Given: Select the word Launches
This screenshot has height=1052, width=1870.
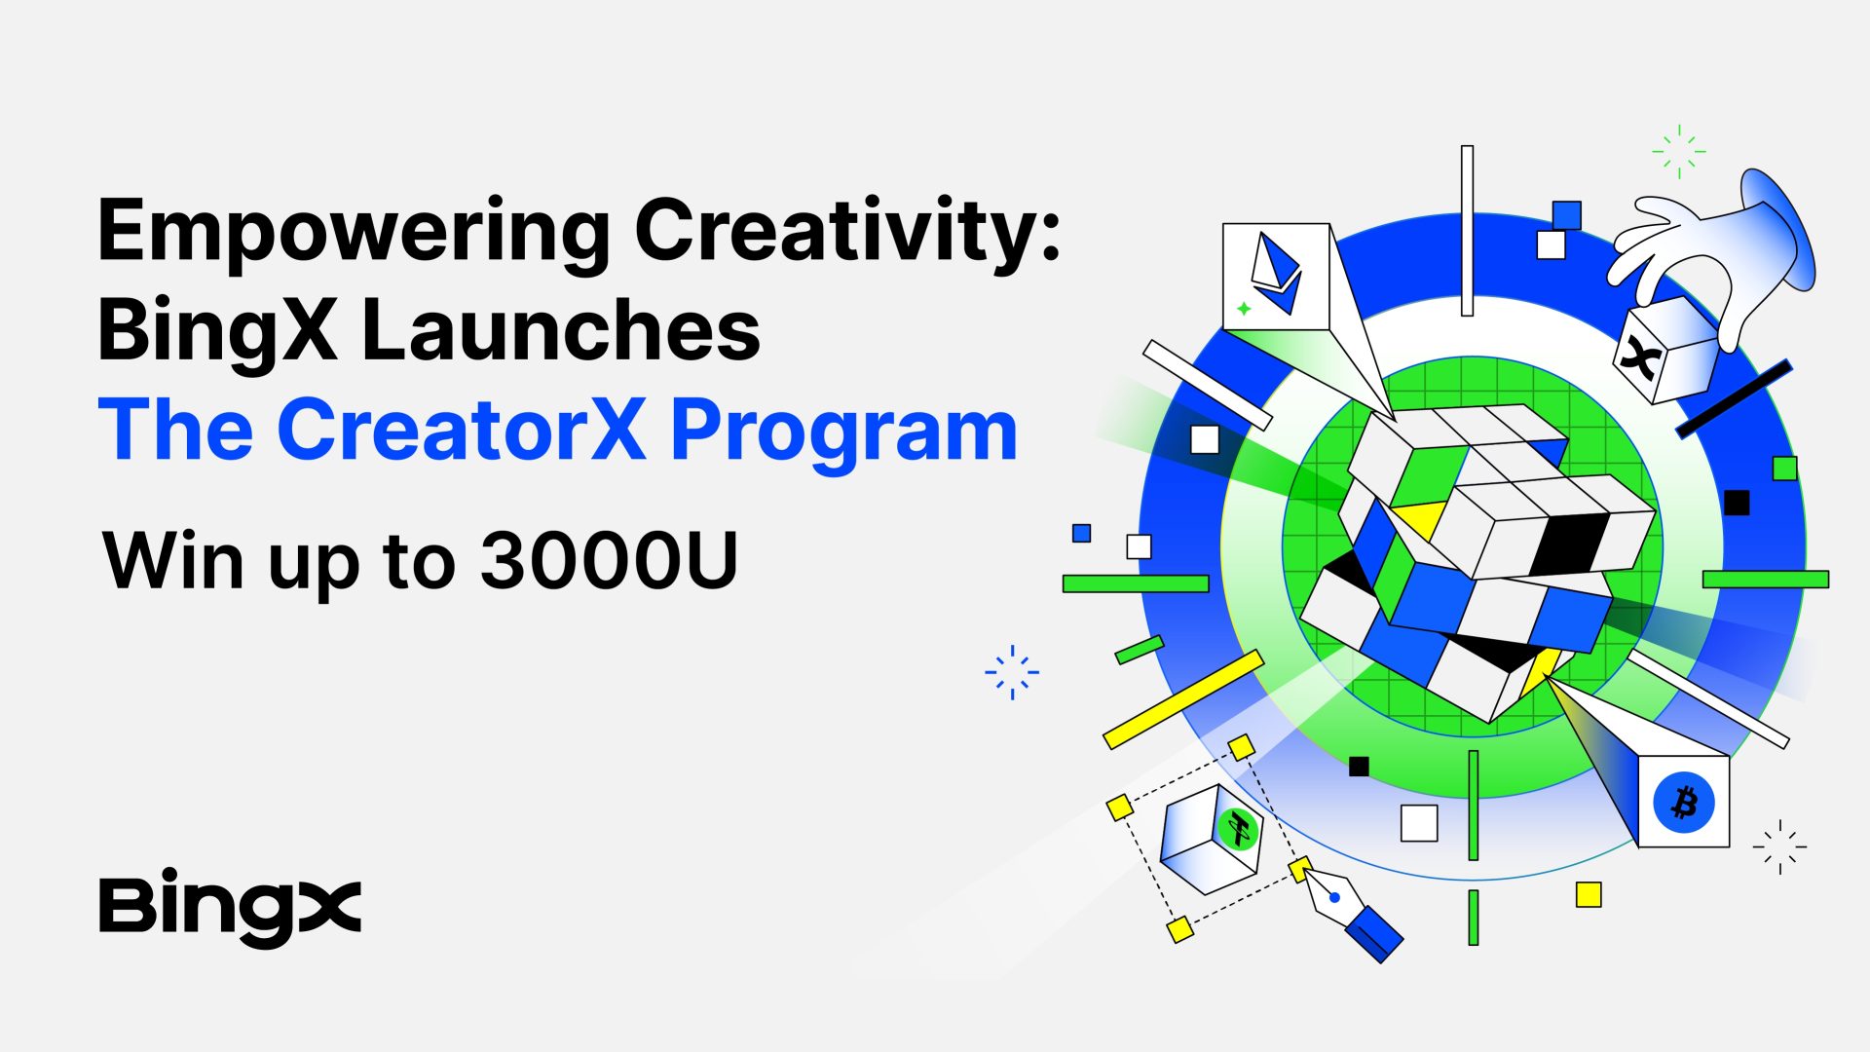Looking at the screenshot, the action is point(560,330).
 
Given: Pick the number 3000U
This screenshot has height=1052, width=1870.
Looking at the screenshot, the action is point(610,560).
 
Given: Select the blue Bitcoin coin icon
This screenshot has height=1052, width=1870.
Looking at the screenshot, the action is point(1684,803).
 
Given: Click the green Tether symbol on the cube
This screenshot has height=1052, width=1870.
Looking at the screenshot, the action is point(1239,830).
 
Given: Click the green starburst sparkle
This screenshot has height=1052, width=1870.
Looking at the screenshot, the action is point(1679,151).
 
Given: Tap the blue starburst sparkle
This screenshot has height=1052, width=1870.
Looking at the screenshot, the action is point(1012,672).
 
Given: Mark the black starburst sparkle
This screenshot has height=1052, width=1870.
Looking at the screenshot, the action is point(1779,846).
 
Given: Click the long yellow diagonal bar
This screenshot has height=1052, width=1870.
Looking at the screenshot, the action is point(1183,699).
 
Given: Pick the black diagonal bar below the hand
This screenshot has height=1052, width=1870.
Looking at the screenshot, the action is point(1734,398).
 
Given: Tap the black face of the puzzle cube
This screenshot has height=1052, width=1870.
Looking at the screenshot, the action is point(1570,542).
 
